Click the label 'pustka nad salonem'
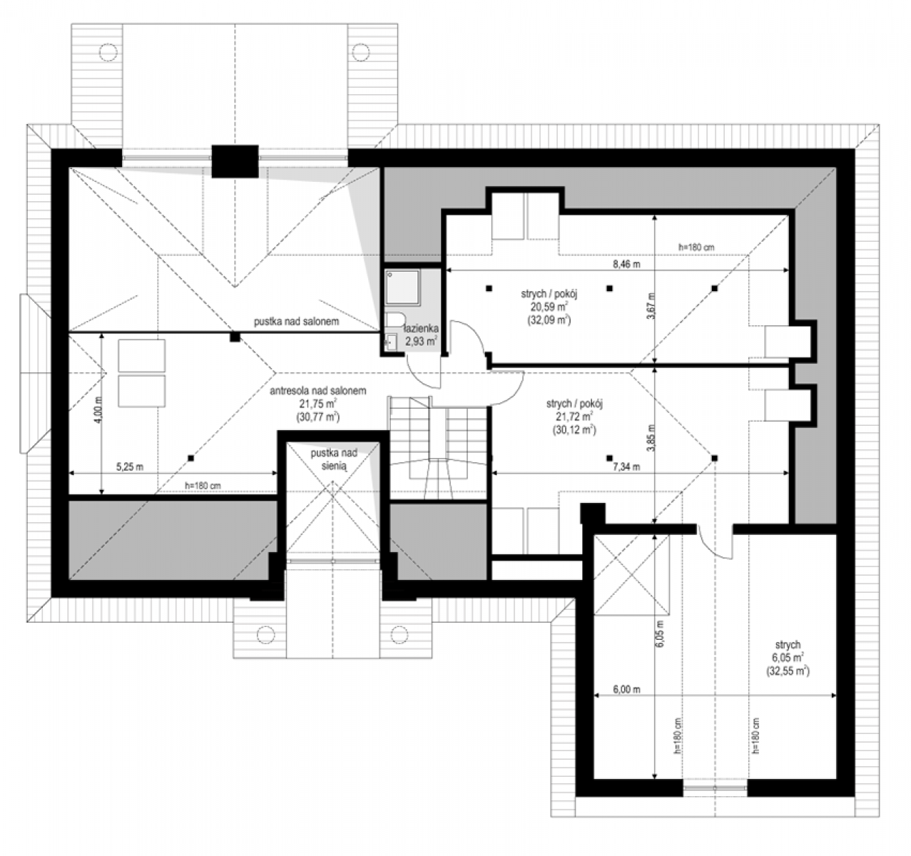[296, 322]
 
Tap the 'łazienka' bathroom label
[421, 328]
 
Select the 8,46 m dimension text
[626, 264]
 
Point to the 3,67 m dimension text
[651, 306]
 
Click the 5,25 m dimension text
[130, 467]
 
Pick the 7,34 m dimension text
[626, 467]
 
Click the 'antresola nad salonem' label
[318, 391]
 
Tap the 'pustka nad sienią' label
[333, 459]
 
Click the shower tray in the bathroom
[402, 287]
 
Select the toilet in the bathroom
[395, 320]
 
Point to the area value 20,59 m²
[549, 307]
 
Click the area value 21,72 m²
[574, 417]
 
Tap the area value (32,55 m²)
[788, 671]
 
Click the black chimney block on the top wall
[235, 161]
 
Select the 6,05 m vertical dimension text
[660, 633]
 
